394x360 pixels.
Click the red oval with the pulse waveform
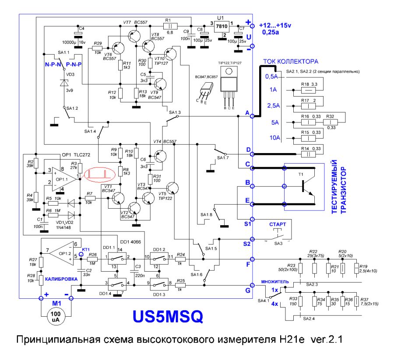[x=100, y=175]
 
